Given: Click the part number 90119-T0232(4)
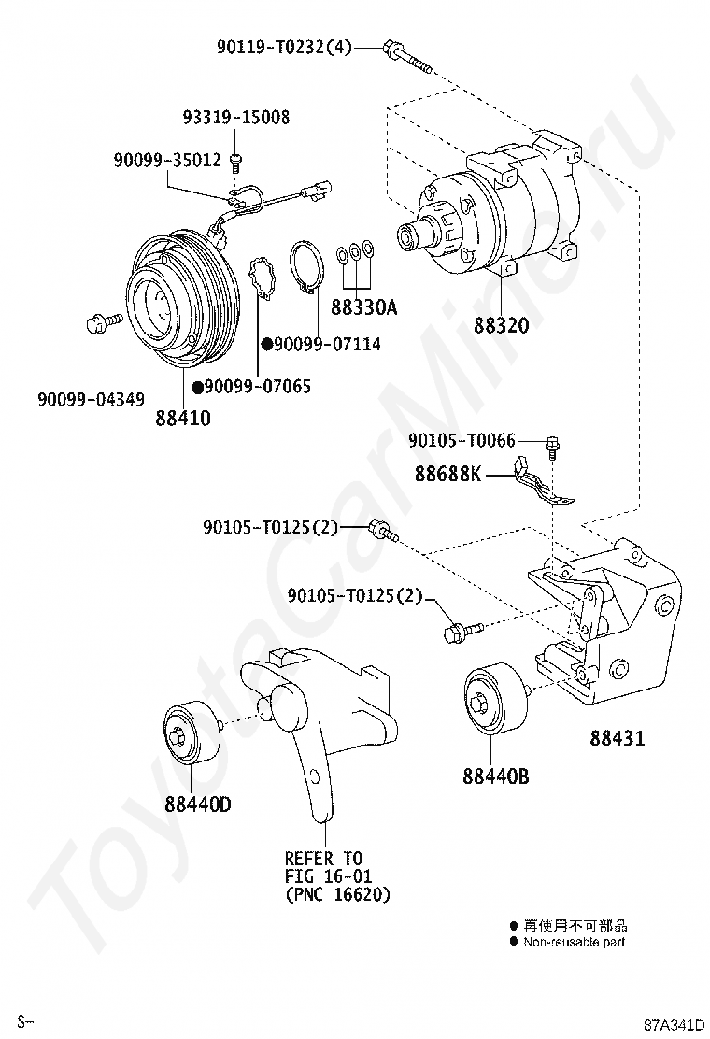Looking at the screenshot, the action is pyautogui.click(x=284, y=47).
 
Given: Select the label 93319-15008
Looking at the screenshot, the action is pyautogui.click(x=236, y=118).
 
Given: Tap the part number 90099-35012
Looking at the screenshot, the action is pyautogui.click(x=167, y=160).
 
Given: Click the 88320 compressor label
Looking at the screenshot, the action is pyautogui.click(x=502, y=325).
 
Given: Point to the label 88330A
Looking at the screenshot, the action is pyautogui.click(x=363, y=306).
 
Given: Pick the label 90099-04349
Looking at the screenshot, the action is pyautogui.click(x=91, y=399).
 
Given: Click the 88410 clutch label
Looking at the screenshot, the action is pyautogui.click(x=183, y=418).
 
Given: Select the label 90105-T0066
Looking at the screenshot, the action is pyautogui.click(x=461, y=440).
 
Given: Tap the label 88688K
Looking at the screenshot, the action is pyautogui.click(x=448, y=474).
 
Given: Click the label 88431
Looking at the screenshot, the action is pyautogui.click(x=618, y=737).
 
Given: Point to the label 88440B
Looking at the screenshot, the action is pyautogui.click(x=496, y=776).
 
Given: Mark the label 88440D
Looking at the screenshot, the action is pyautogui.click(x=198, y=804).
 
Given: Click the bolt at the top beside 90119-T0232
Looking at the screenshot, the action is pyautogui.click(x=406, y=57).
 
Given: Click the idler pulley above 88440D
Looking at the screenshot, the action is pyautogui.click(x=190, y=733).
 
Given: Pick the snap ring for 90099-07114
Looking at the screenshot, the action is pyautogui.click(x=306, y=267).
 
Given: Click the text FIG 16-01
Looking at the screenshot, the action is pyautogui.click(x=329, y=876).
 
